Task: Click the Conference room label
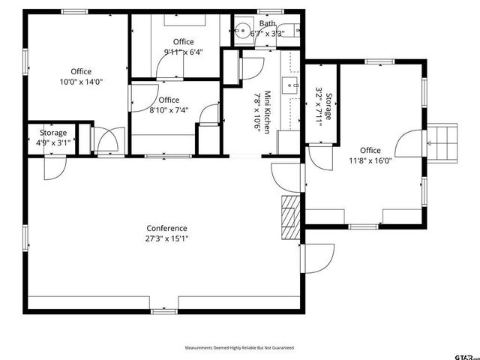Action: click(x=166, y=228)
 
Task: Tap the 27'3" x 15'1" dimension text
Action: click(x=166, y=239)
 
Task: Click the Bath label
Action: click(x=267, y=23)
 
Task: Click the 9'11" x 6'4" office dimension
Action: click(x=184, y=52)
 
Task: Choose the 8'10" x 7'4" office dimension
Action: click(x=169, y=110)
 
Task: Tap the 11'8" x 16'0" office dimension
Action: click(x=370, y=160)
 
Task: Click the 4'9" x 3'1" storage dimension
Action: click(x=53, y=142)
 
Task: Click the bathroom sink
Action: click(x=241, y=31)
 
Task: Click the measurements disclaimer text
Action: click(x=240, y=348)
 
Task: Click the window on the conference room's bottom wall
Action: click(x=163, y=310)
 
